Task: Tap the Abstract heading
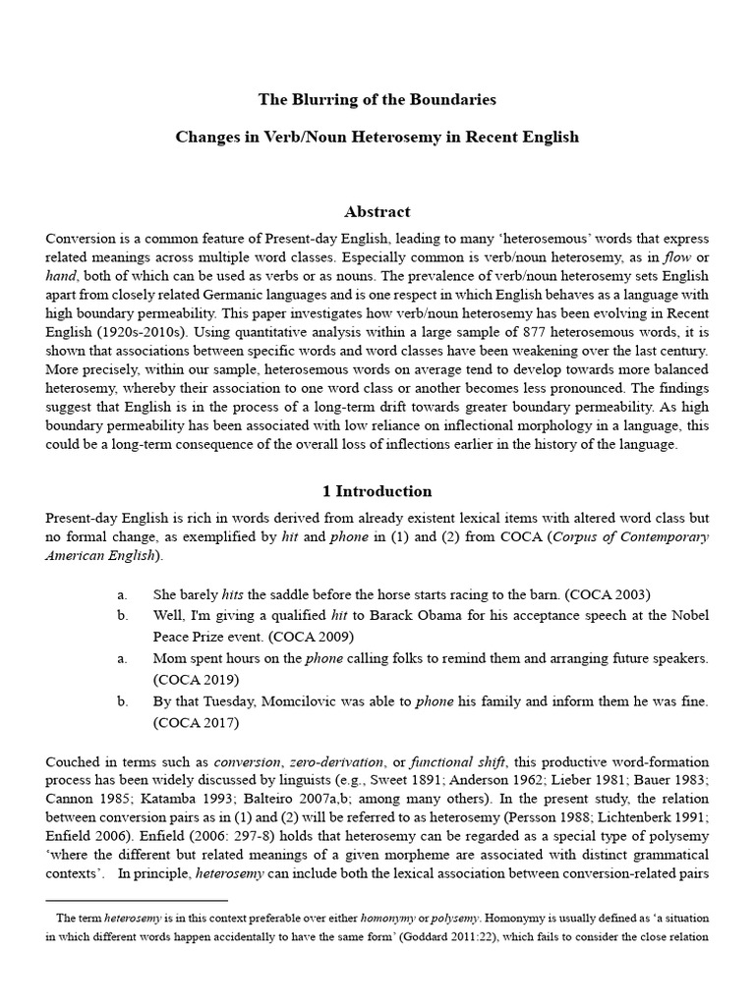coord(377,211)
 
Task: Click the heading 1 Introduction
coord(377,491)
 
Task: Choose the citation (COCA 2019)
coord(196,679)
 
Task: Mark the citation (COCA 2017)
coord(196,722)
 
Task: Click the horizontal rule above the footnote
coord(137,899)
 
